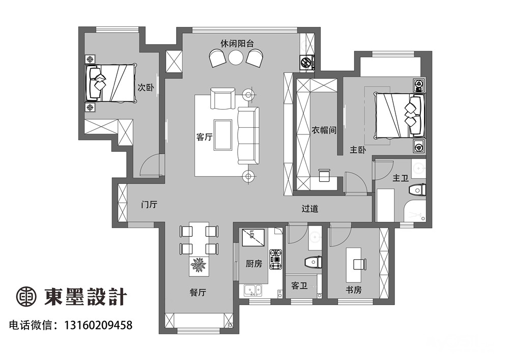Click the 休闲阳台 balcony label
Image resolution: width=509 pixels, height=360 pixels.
[x=237, y=43]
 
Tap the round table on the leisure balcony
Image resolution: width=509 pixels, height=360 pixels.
[x=236, y=58]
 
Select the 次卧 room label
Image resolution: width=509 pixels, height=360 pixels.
[x=146, y=87]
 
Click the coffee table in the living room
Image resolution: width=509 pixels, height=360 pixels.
[x=223, y=135]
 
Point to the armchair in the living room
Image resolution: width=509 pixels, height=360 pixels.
[x=223, y=98]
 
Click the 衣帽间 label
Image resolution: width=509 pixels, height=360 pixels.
[x=324, y=130]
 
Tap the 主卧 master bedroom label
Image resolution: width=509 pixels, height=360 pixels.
[x=358, y=150]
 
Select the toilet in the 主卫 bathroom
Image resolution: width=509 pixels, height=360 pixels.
[x=417, y=190]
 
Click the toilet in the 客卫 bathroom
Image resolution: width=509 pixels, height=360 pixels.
[x=314, y=262]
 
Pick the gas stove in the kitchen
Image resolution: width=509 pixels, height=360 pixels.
[x=276, y=259]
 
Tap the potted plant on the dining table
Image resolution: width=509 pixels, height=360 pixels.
[x=199, y=265]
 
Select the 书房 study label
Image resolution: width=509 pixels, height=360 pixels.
[x=354, y=290]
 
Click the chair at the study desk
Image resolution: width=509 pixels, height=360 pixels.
[x=360, y=264]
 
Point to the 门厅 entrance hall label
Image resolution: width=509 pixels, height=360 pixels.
[x=149, y=205]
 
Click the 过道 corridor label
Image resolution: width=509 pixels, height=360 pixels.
[x=309, y=208]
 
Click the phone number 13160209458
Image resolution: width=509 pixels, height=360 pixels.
[x=99, y=325]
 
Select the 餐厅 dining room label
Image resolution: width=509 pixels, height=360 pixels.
[x=197, y=292]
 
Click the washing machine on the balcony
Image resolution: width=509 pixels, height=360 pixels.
[x=307, y=63]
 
